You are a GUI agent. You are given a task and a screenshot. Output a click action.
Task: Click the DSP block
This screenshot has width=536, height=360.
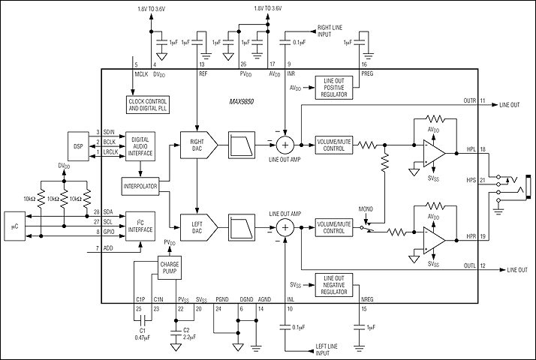tap(77, 142)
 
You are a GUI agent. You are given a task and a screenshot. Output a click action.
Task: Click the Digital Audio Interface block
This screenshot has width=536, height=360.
tap(145, 142)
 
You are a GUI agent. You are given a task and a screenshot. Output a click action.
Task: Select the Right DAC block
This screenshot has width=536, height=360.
tap(197, 142)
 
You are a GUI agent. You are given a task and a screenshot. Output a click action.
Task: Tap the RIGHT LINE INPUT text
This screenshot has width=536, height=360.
tap(327, 31)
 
